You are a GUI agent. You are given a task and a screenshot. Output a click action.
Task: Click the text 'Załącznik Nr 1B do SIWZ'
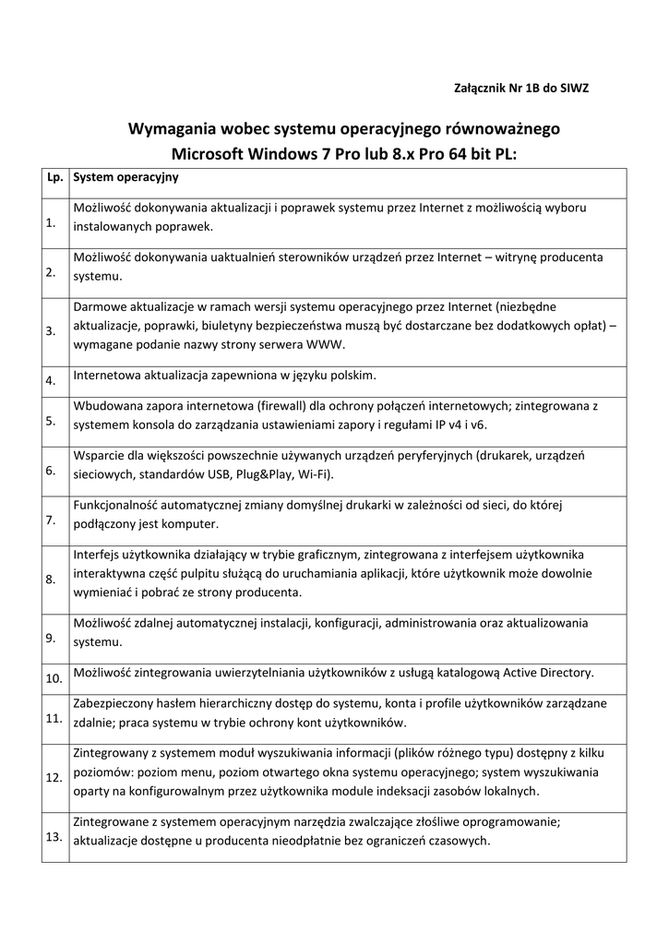coord(521,89)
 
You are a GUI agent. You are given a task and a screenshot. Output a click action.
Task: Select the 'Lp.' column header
coord(54,176)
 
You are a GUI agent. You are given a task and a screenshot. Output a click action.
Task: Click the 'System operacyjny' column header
coord(125,176)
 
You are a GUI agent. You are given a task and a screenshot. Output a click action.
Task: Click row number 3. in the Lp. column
coord(51,330)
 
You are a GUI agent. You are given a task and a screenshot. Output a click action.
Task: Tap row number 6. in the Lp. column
coord(51,471)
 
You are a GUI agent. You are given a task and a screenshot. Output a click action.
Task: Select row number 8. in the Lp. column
coord(51,579)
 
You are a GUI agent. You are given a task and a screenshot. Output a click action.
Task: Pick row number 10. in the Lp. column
coord(53,678)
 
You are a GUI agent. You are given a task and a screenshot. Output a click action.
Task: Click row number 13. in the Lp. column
coord(53,836)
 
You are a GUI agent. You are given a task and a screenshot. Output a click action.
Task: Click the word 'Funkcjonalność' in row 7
coord(117,506)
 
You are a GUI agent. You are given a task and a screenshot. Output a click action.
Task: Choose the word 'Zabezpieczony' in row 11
coord(113,703)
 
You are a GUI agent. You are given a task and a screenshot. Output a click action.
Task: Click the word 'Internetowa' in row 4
coord(105,376)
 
